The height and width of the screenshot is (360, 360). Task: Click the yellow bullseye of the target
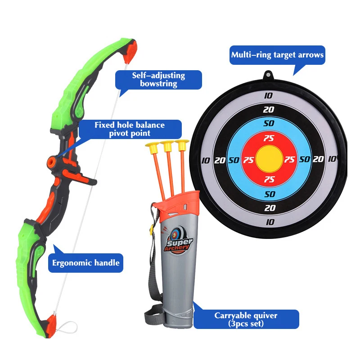[x=269, y=159]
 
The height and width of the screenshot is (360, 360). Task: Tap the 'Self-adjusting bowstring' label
[x=158, y=80]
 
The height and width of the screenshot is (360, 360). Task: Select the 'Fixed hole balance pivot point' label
[x=129, y=129]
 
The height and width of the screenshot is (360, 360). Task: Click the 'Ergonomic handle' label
[x=85, y=262]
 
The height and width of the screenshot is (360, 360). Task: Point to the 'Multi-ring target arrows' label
[x=277, y=55]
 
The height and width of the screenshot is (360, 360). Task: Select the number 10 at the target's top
[x=269, y=95]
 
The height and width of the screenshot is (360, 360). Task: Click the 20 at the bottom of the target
[x=270, y=208]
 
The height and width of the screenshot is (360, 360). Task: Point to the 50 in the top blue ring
[x=269, y=123]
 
